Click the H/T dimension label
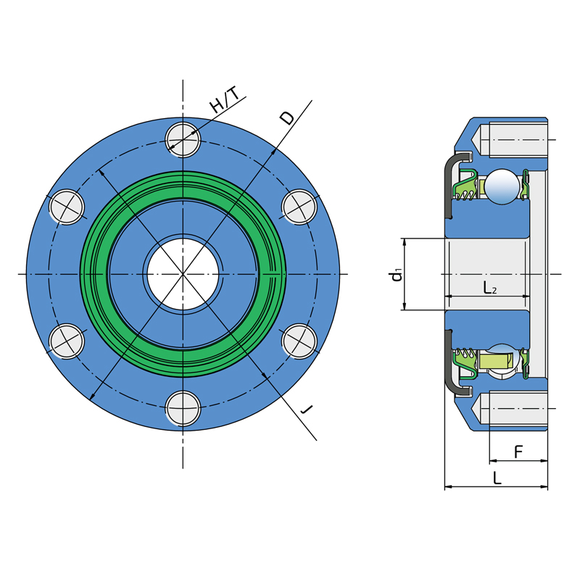(225, 99)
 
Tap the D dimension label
(287, 117)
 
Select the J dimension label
(307, 409)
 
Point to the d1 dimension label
(397, 275)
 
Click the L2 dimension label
(490, 287)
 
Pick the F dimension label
(518, 452)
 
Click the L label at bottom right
(497, 478)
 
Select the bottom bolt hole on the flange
(183, 408)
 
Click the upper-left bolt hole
(67, 207)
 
